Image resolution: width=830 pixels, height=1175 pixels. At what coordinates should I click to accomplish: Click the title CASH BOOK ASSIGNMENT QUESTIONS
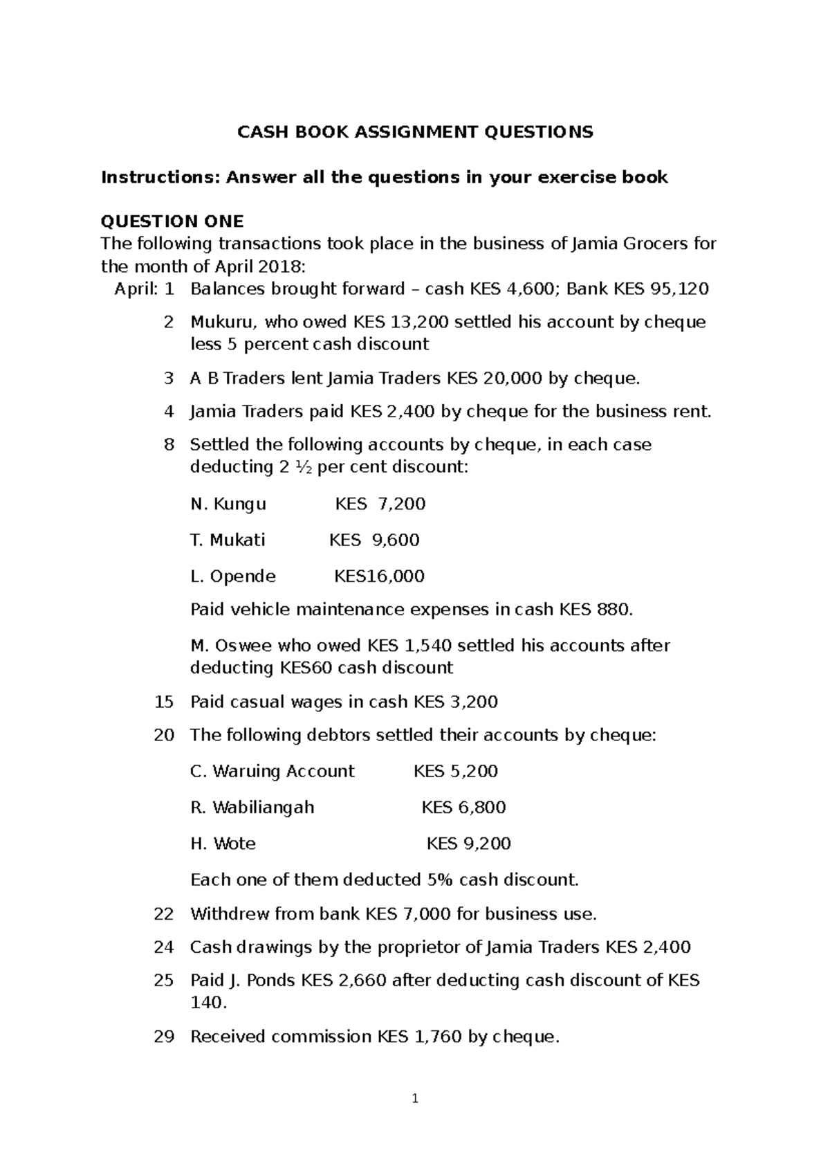(x=415, y=132)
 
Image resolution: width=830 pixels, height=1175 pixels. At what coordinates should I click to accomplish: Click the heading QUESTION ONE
(x=172, y=221)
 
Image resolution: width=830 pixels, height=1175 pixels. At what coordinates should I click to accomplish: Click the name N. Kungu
(x=228, y=504)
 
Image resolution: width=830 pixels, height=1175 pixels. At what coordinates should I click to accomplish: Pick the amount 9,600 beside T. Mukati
(x=396, y=540)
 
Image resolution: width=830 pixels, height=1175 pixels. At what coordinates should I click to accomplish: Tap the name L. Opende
(x=232, y=576)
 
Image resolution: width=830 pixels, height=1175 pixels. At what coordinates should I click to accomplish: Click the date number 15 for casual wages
(x=164, y=702)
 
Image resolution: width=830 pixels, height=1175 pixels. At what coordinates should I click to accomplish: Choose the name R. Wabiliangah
(x=252, y=808)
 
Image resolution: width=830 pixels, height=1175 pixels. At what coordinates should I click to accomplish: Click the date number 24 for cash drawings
(x=164, y=947)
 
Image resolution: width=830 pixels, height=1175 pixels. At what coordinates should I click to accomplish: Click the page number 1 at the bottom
(x=415, y=1099)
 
